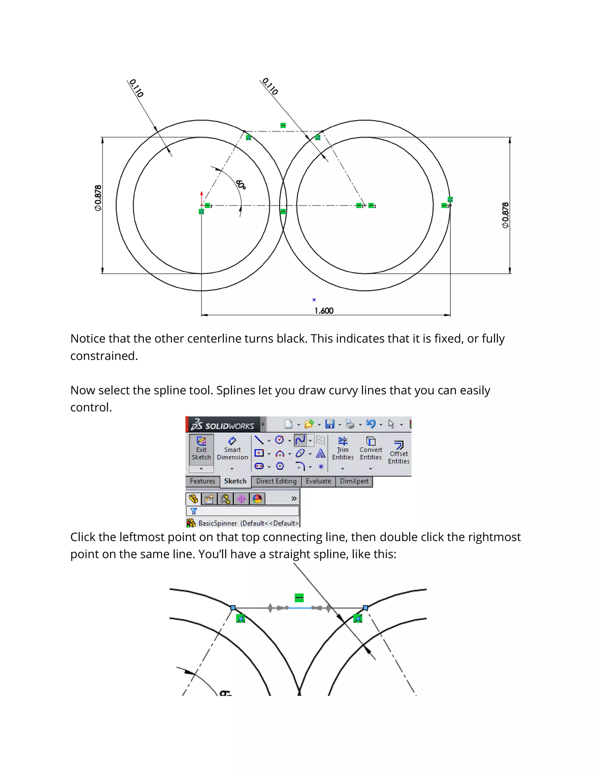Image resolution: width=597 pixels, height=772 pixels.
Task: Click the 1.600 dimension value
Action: pos(324,311)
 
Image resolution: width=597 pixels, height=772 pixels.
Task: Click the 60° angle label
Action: pos(241,184)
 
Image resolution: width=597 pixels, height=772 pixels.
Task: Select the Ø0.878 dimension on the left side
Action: pos(98,198)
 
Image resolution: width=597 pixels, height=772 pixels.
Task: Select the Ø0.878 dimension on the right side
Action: pos(505,215)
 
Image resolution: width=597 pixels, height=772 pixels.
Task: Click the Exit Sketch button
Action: pos(201,449)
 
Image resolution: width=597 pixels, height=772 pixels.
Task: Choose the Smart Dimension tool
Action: pos(232,449)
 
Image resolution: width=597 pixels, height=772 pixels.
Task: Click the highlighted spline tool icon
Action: pos(300,440)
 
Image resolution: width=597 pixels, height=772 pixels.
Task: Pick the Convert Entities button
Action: pos(371,449)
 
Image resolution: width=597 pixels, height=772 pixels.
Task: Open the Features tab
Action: pos(202,481)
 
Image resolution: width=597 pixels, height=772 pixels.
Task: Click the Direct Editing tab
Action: pos(276,481)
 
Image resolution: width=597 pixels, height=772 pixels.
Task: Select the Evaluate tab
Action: pos(318,481)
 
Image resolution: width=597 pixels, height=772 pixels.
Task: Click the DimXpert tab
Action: pos(354,481)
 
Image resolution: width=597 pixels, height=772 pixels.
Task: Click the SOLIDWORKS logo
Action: pos(223,425)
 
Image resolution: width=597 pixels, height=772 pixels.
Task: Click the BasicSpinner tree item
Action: pos(217,523)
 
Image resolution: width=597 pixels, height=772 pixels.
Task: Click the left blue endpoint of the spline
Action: pos(233,608)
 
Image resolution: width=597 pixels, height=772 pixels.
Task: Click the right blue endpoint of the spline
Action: pos(365,608)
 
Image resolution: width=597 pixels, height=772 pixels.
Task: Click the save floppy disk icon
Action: pos(330,424)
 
